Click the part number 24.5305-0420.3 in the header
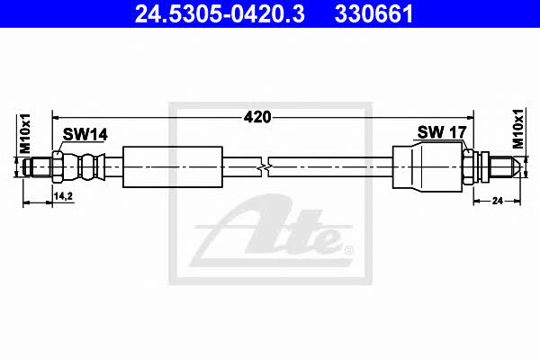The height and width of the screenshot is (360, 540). pyautogui.click(x=220, y=14)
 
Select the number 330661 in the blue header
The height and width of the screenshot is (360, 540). pyautogui.click(x=373, y=14)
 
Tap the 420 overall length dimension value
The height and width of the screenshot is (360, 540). pyautogui.click(x=257, y=117)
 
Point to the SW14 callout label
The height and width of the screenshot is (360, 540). pyautogui.click(x=85, y=134)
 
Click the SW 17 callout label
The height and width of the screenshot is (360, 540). pyautogui.click(x=442, y=132)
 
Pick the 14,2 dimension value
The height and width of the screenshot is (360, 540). pyautogui.click(x=63, y=196)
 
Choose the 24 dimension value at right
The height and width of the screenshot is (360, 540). pyautogui.click(x=498, y=201)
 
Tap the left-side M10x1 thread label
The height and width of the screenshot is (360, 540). pyautogui.click(x=25, y=133)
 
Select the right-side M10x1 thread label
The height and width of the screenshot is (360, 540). pyautogui.click(x=517, y=129)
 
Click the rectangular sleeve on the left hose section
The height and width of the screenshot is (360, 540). pyautogui.click(x=173, y=167)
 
